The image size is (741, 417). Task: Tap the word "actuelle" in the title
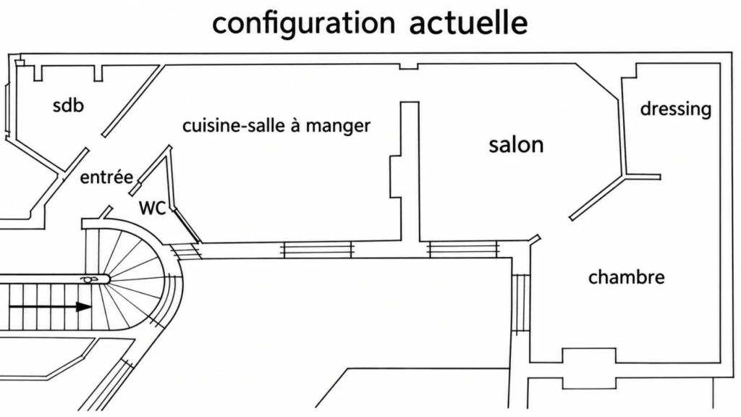click(468, 22)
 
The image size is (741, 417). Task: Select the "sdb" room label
click(68, 105)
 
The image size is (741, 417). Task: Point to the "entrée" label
click(106, 177)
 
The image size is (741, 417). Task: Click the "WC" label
click(152, 208)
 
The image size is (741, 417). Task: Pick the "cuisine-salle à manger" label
click(276, 126)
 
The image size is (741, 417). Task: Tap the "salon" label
click(516, 145)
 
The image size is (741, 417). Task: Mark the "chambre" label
click(626, 277)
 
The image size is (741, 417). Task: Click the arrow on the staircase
click(50, 307)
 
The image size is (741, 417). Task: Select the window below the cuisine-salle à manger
click(317, 250)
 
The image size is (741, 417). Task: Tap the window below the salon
click(462, 249)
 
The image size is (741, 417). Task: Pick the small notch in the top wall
click(409, 66)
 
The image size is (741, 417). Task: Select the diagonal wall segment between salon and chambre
click(597, 198)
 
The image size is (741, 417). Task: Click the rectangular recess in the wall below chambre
click(589, 368)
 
